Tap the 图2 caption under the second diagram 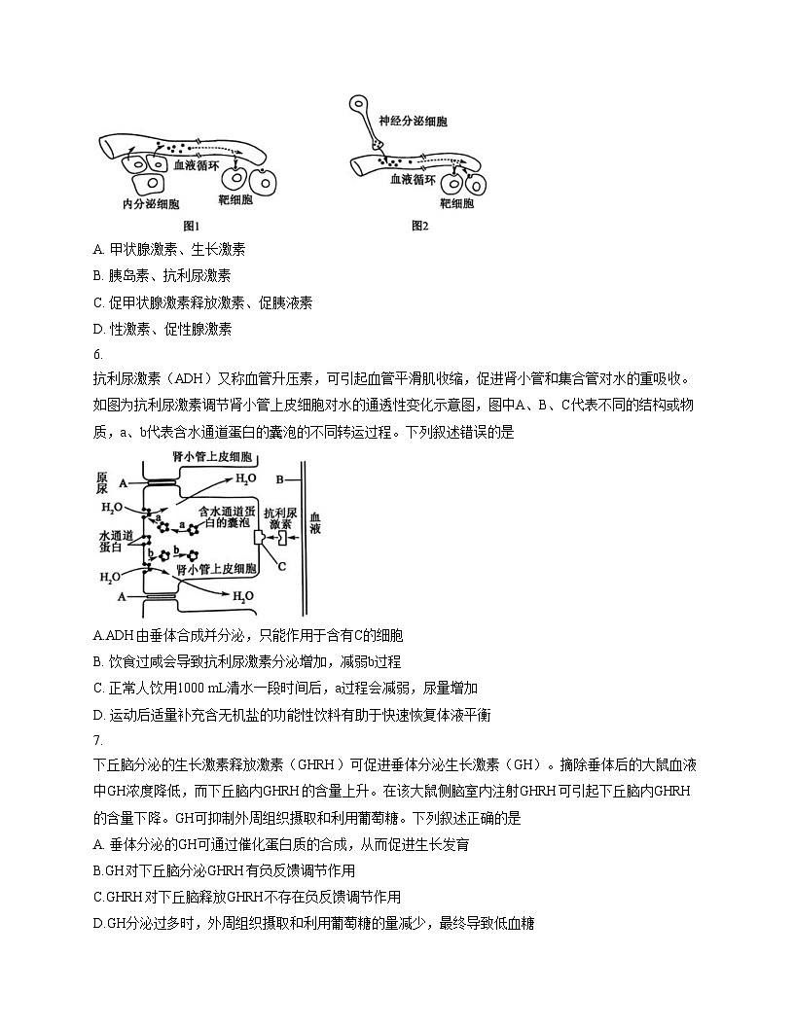point(419,226)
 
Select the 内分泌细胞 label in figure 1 point(151,204)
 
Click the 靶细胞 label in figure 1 point(235,199)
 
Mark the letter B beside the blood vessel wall point(280,478)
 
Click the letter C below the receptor point(281,564)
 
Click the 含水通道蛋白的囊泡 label point(230,516)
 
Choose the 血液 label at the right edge point(314,525)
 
